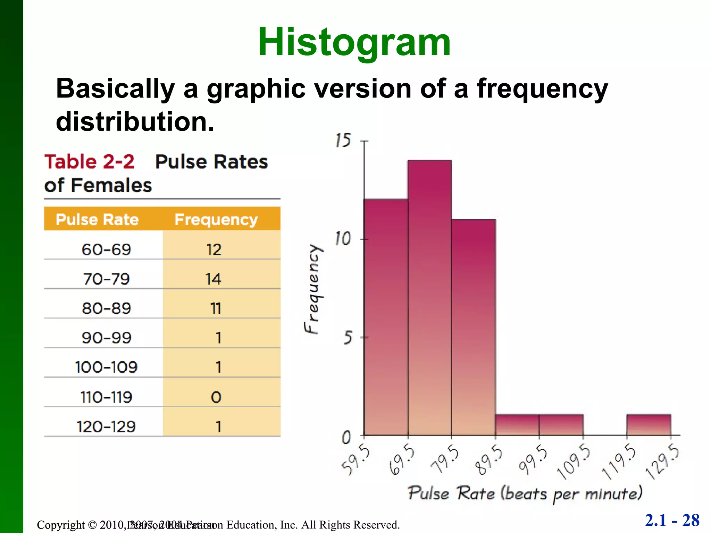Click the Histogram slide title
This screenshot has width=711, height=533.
354,42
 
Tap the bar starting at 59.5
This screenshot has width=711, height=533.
386,317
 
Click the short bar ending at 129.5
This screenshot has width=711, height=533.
649,425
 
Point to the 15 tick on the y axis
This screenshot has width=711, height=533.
343,141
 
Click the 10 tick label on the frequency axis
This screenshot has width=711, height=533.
343,239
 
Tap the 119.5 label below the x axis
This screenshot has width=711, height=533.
619,462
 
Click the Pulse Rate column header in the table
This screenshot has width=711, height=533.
97,219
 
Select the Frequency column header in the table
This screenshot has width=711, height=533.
216,219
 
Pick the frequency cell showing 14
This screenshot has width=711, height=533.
213,279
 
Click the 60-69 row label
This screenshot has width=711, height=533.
106,249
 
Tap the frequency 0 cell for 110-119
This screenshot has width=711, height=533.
216,397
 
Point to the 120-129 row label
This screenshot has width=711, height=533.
106,427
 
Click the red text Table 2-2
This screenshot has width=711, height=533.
89,162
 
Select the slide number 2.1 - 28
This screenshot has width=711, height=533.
672,520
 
